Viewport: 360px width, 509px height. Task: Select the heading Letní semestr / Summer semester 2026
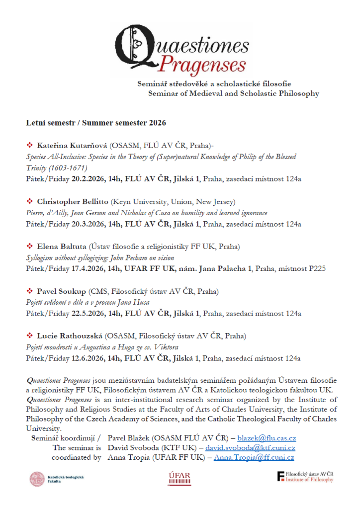[96, 122]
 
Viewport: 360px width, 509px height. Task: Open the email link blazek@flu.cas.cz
[267, 438]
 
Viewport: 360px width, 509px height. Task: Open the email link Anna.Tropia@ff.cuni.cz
[254, 457]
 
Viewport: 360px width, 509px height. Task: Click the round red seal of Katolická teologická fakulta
[37, 479]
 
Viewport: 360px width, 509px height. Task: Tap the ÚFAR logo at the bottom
[180, 478]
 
